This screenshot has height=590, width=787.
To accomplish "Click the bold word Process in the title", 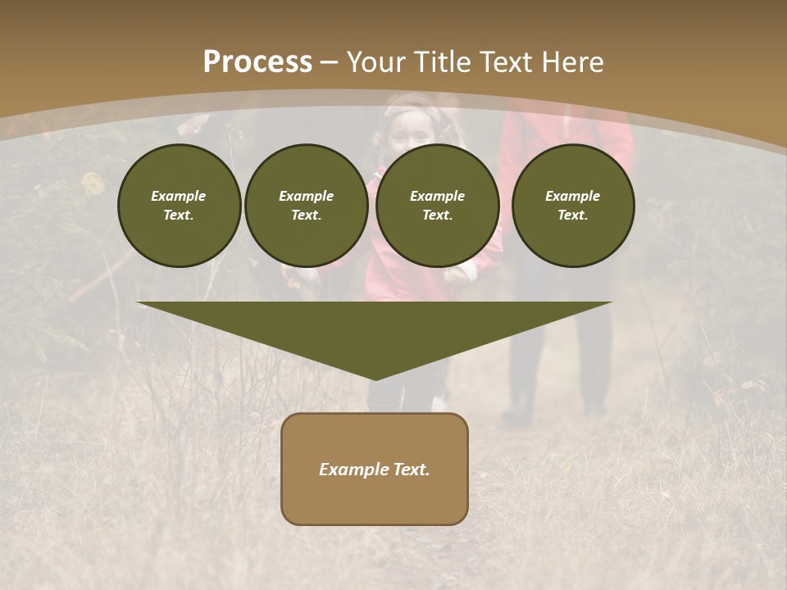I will tap(257, 62).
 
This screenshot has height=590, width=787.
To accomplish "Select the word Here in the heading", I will tap(573, 62).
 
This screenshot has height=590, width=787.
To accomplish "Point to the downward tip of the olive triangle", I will tap(375, 378).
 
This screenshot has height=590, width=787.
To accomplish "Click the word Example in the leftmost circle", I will tap(179, 196).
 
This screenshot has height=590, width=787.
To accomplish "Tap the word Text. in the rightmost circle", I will tap(573, 215).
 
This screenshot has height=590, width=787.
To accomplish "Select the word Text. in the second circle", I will tap(306, 215).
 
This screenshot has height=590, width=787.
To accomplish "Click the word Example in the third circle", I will tap(437, 196).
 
